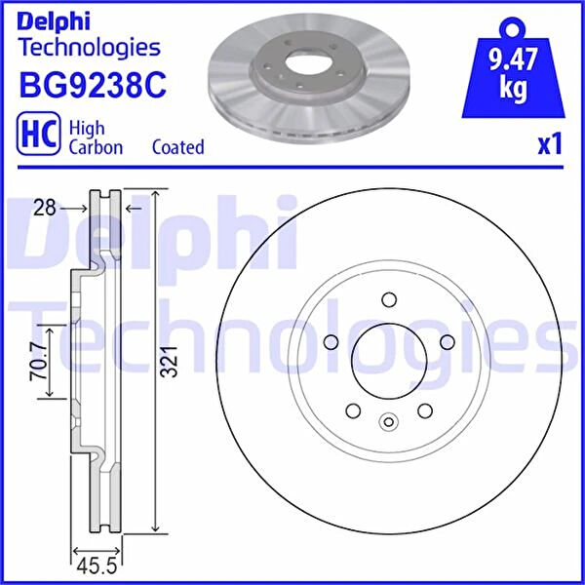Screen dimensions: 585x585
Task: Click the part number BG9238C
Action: (93, 86)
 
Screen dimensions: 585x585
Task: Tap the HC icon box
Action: (37, 136)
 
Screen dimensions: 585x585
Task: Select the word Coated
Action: (178, 147)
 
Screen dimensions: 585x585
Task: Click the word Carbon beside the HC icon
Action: (96, 147)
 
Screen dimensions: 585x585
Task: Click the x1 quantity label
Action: (550, 145)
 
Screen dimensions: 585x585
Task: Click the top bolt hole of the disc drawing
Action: (388, 299)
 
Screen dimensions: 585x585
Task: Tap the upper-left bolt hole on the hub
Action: (330, 341)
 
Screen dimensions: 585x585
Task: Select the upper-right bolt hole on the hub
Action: (448, 341)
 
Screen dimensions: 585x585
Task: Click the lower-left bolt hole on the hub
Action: (352, 410)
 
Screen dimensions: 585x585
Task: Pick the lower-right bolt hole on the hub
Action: (425, 410)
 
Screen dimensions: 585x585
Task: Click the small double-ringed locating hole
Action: (388, 422)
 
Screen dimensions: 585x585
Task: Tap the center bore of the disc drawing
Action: (388, 361)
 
